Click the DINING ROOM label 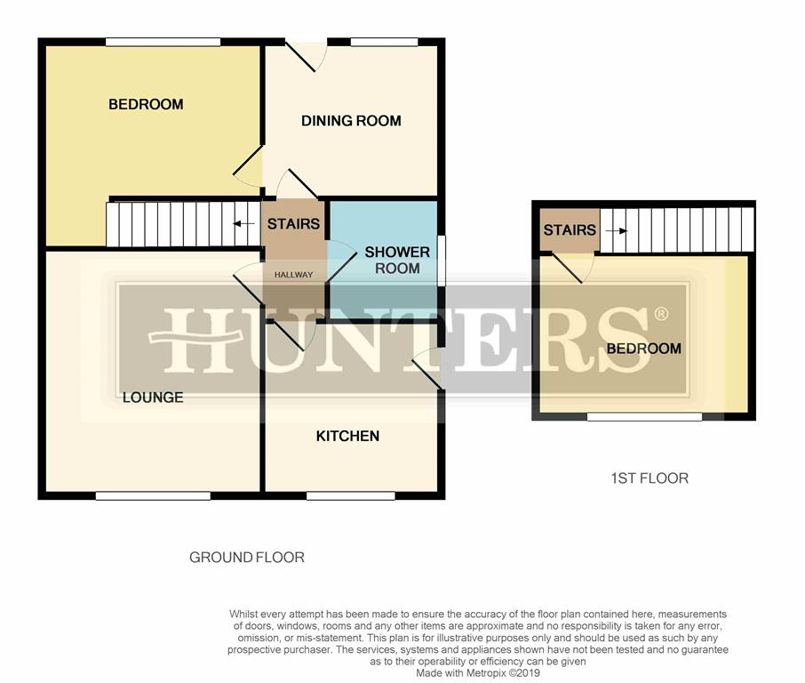[351, 121]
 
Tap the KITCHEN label [347, 437]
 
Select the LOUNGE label [153, 398]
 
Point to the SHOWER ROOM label [397, 260]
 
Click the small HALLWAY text [294, 275]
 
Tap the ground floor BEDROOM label [146, 104]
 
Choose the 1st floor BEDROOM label [644, 349]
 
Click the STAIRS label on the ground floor [294, 224]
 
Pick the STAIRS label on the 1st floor [570, 229]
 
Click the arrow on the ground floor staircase [243, 223]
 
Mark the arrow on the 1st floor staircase [617, 230]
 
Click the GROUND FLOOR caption [247, 557]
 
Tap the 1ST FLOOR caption [650, 478]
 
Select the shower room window [441, 260]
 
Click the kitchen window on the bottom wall [351, 495]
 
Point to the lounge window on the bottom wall [153, 495]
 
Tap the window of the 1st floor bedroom [644, 416]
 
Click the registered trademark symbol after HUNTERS [661, 313]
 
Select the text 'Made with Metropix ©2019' [478, 672]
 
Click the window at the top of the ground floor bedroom [163, 42]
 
